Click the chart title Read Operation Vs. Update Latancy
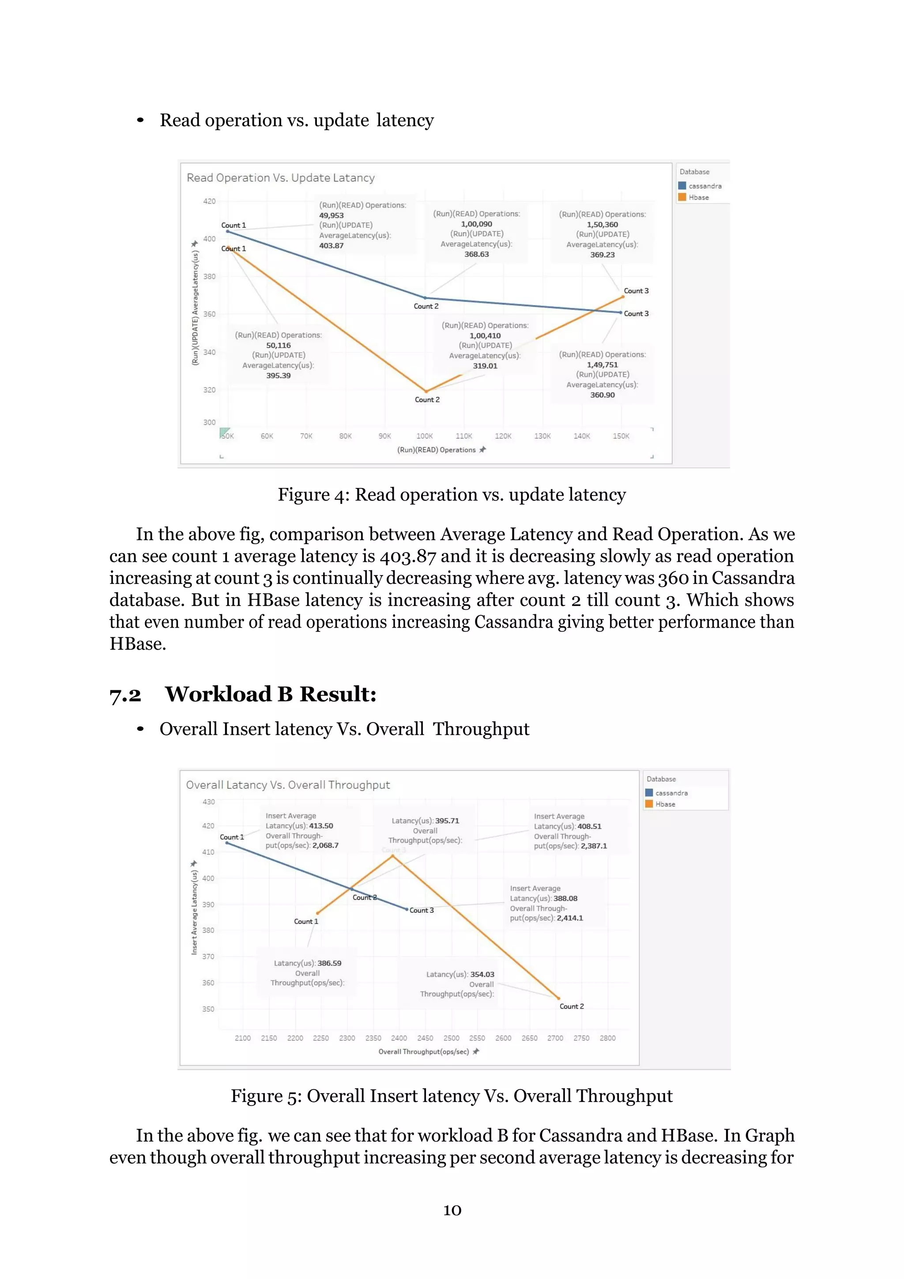281,178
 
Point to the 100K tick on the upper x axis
424,436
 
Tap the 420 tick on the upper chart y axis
209,201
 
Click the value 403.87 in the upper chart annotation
331,246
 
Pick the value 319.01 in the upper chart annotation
485,366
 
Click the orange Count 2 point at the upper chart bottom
426,391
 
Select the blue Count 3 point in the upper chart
621,313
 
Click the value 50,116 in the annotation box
279,345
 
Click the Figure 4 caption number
339,495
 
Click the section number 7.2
125,695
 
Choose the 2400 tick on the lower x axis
399,1038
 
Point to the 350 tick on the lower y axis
208,1009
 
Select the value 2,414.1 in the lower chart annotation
569,918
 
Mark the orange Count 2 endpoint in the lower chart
558,998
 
